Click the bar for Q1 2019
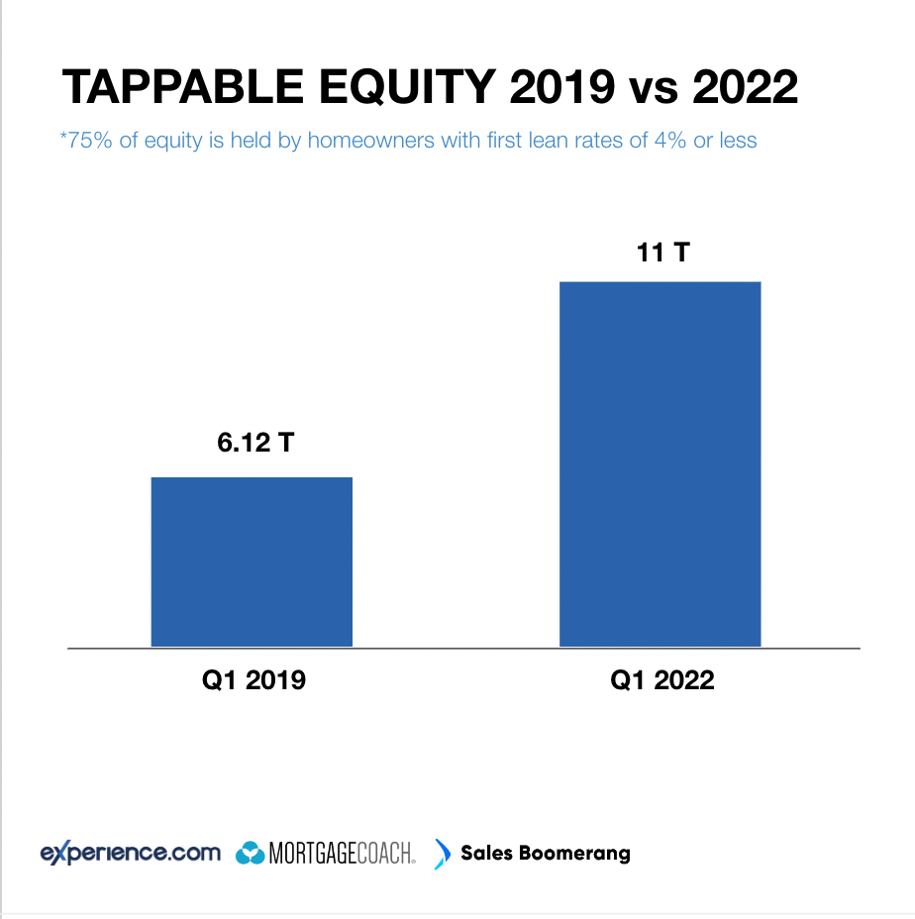[252, 562]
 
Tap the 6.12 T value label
[256, 442]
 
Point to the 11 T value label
[661, 252]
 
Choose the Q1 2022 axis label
[661, 681]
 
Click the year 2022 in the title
[745, 88]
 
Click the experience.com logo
[130, 853]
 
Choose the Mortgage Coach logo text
[343, 854]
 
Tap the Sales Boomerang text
[546, 853]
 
